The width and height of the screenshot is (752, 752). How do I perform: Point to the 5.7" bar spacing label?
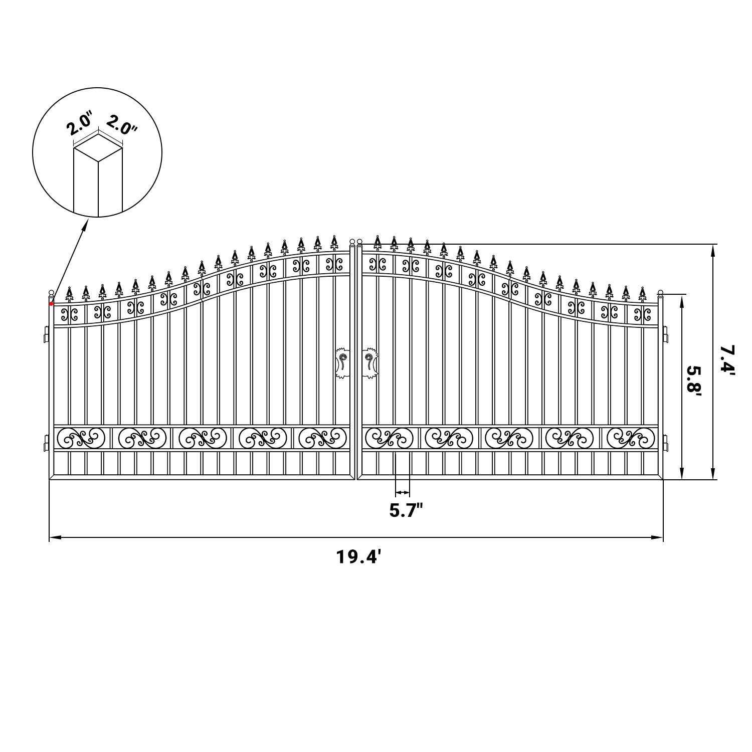406,511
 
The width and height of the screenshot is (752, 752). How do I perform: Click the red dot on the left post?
51,304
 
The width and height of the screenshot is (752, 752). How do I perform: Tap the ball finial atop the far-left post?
51,293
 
